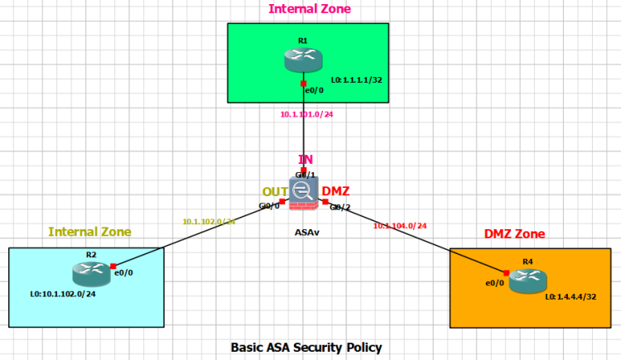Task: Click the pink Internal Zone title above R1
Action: (308, 9)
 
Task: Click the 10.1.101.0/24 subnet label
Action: (307, 115)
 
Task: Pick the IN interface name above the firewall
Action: (305, 159)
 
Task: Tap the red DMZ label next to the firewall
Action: (335, 192)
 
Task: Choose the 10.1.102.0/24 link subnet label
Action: (209, 221)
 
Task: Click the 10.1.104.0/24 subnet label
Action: (399, 225)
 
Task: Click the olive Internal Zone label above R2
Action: (89, 232)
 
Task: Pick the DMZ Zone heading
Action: (514, 234)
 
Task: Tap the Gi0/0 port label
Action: (269, 205)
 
